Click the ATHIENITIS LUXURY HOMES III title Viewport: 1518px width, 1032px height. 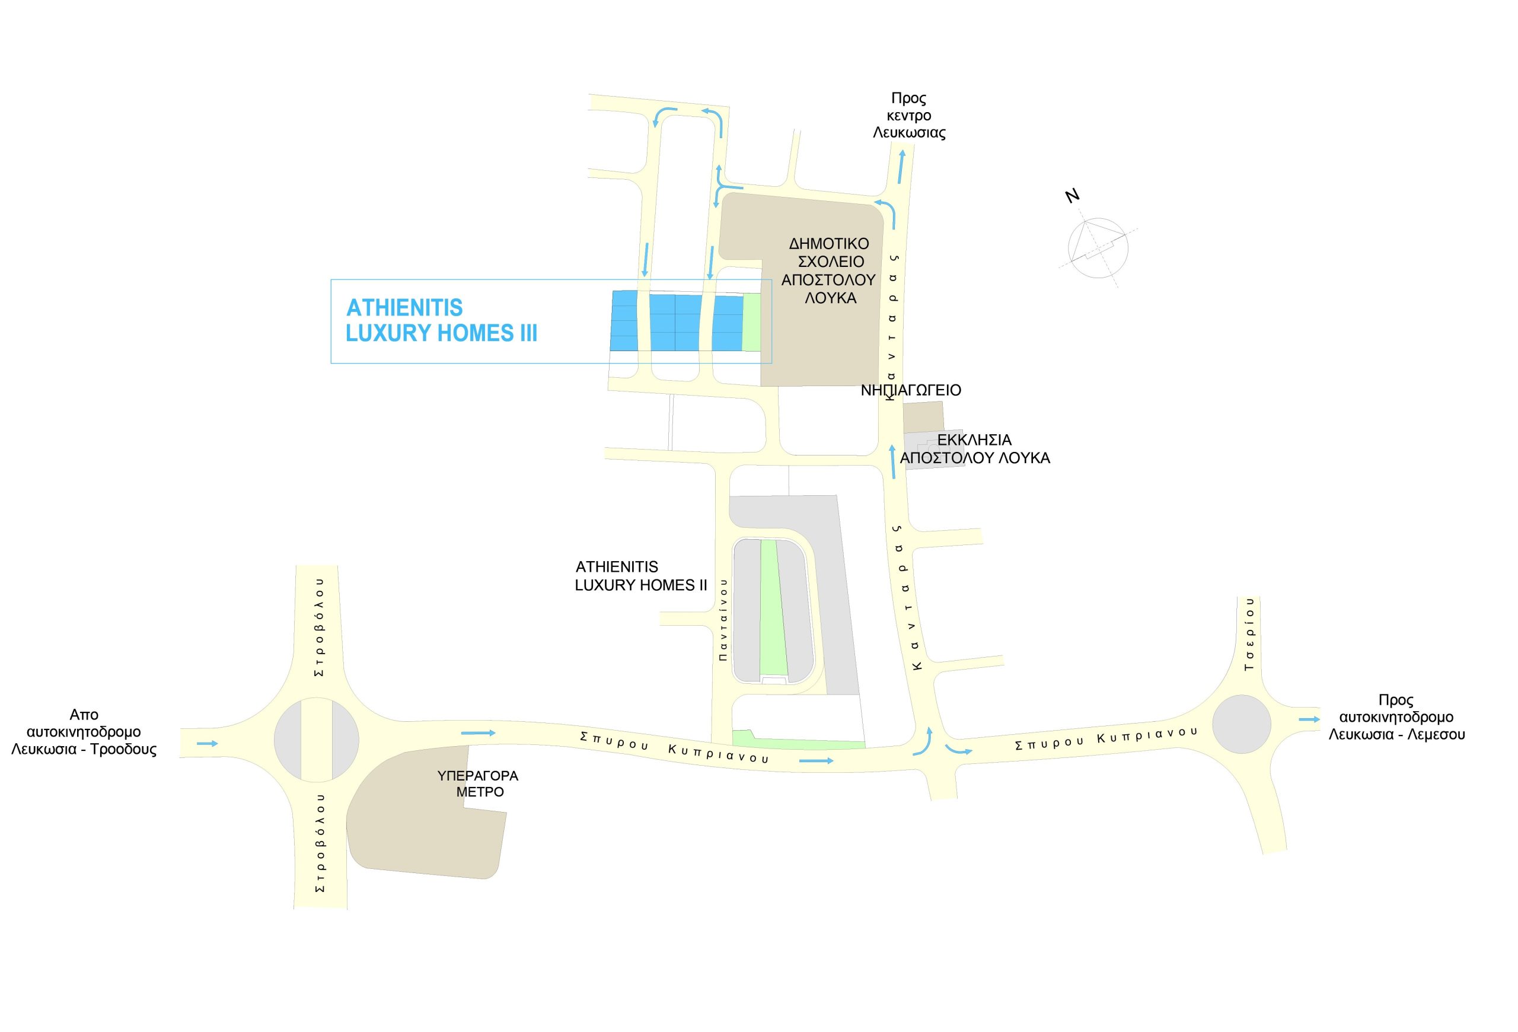click(442, 320)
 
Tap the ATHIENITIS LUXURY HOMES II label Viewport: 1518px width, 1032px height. click(641, 576)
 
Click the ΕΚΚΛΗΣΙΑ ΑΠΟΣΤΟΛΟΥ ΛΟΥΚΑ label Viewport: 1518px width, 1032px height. click(975, 449)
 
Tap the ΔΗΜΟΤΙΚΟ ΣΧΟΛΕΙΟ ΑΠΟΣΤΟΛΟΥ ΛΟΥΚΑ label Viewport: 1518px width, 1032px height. click(829, 270)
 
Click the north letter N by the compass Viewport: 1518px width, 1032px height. click(1072, 195)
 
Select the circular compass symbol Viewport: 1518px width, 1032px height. click(1098, 248)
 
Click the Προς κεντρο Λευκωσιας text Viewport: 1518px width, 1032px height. click(909, 116)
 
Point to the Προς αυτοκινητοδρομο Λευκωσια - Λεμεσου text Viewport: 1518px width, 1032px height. click(1396, 717)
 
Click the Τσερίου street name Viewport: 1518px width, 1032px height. click(1250, 633)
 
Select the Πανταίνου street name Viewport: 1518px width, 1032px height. click(723, 619)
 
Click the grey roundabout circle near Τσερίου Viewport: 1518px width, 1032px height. click(1242, 724)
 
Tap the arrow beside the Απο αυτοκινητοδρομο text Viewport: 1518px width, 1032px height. click(208, 743)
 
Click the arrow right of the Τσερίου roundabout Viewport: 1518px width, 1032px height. click(1309, 719)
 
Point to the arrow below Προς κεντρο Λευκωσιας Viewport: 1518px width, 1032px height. click(901, 167)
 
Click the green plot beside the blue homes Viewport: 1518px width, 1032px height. click(752, 323)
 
